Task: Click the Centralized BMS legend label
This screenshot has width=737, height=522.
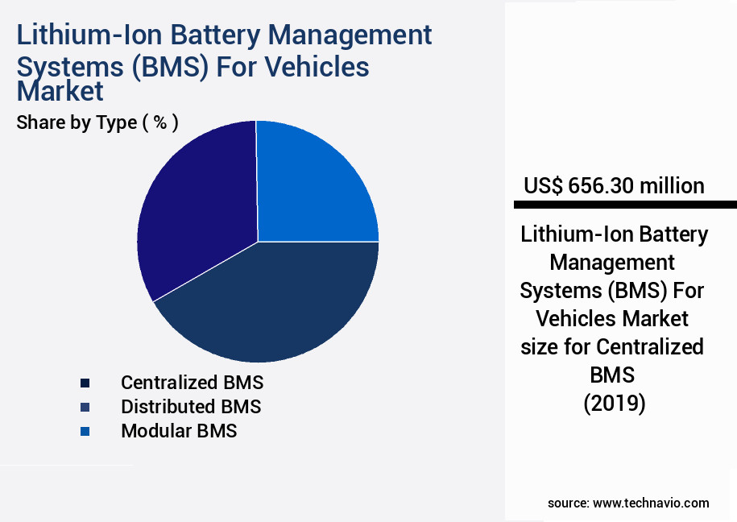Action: pyautogui.click(x=192, y=382)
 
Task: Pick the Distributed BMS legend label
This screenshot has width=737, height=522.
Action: pyautogui.click(x=191, y=406)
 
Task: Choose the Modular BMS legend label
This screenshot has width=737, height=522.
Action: pyautogui.click(x=179, y=430)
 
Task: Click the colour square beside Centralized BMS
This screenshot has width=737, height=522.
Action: pyautogui.click(x=85, y=383)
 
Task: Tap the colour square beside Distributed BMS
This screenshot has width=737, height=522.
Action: pyautogui.click(x=85, y=407)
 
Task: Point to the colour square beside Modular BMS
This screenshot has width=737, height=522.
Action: pyautogui.click(x=85, y=431)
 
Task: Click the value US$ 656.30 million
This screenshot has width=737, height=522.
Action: pyautogui.click(x=614, y=186)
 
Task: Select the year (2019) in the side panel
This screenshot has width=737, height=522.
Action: pyautogui.click(x=614, y=403)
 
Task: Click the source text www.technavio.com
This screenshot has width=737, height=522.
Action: pyautogui.click(x=651, y=503)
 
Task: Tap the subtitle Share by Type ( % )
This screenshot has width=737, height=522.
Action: pyautogui.click(x=97, y=122)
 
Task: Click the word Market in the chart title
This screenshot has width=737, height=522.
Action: pyautogui.click(x=60, y=91)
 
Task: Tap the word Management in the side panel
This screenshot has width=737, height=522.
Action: pyautogui.click(x=614, y=262)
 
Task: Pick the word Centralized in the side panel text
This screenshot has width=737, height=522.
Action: pyautogui.click(x=650, y=346)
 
